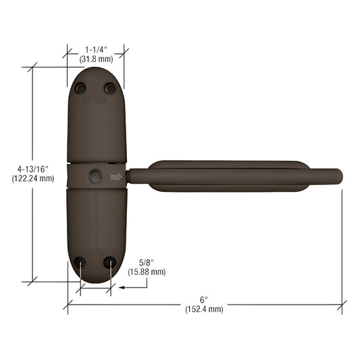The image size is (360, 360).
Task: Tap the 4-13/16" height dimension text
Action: (x=32, y=169)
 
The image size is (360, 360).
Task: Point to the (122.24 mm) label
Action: (x=32, y=179)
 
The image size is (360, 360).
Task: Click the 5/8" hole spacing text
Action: (x=146, y=262)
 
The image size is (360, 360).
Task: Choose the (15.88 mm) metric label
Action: (x=146, y=272)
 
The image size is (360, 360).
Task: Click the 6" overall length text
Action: (x=204, y=299)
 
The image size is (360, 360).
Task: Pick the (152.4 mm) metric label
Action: (x=204, y=309)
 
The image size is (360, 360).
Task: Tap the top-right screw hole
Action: (x=109, y=88)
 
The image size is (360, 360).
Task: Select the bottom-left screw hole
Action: (x=81, y=262)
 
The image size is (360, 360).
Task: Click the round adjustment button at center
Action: (x=95, y=177)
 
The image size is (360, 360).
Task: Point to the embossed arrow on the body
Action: (x=116, y=178)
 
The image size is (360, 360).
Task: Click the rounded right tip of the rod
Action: (x=339, y=177)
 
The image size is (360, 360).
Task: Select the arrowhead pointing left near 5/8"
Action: (x=122, y=287)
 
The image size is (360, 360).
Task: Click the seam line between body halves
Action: (x=96, y=163)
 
